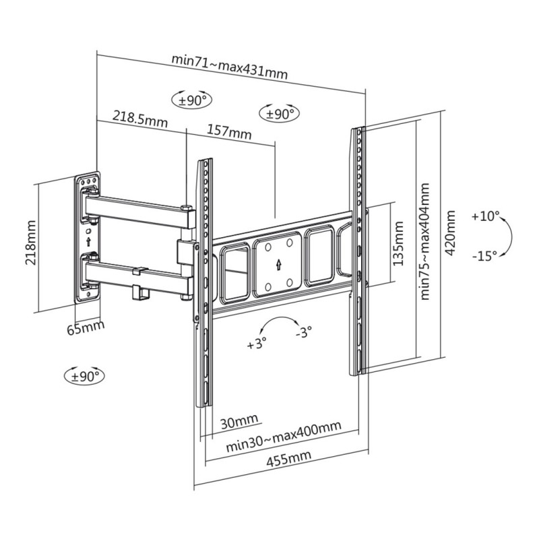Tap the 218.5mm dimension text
pyautogui.click(x=140, y=119)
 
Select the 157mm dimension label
pyautogui.click(x=229, y=131)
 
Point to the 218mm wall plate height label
pyautogui.click(x=30, y=243)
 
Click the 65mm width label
pyautogui.click(x=86, y=327)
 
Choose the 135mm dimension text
pyautogui.click(x=398, y=243)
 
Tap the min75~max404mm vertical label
pyautogui.click(x=425, y=241)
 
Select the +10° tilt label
pyautogui.click(x=485, y=216)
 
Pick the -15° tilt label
pyautogui.click(x=484, y=256)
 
